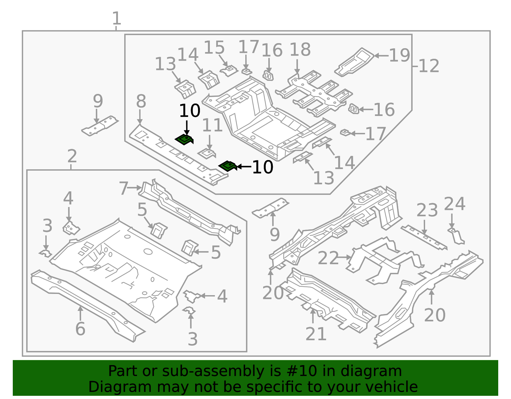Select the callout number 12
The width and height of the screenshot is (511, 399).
(429, 66)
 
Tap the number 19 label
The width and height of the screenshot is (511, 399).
(400, 56)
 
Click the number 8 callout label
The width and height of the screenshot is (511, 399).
(141, 102)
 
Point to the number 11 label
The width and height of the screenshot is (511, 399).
(212, 125)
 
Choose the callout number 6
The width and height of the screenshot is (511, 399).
(80, 329)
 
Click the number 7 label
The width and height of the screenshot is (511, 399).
(124, 188)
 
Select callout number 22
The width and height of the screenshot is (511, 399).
(328, 258)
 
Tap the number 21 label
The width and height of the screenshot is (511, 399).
(316, 334)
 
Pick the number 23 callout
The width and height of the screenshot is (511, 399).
(427, 211)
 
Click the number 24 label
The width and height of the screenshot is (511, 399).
(454, 204)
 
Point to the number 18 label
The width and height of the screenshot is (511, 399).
(300, 50)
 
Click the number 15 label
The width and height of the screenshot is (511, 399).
(214, 48)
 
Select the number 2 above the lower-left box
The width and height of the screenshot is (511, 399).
(72, 156)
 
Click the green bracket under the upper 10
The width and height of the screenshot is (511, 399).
(185, 140)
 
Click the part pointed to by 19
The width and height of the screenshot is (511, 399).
(355, 62)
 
